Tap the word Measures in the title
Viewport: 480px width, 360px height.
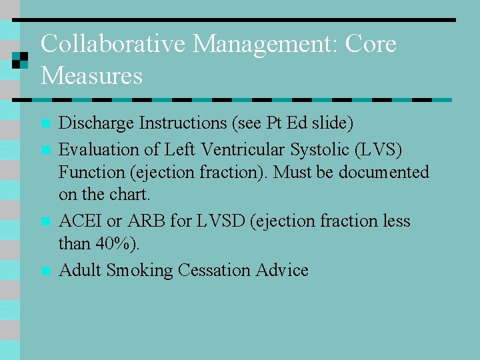pos(91,75)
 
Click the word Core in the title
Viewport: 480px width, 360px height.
pos(372,45)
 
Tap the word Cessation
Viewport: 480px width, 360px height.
pos(214,270)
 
